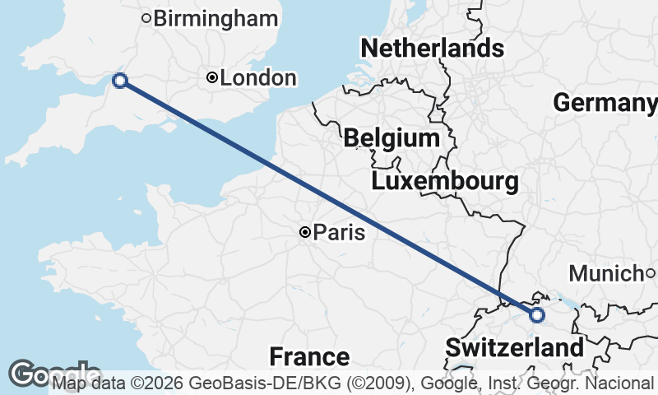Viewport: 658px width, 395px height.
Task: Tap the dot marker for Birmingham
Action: point(146,18)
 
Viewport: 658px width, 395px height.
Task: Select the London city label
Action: point(258,78)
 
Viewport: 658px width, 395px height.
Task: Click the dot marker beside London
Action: point(212,78)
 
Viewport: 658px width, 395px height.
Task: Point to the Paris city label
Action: point(339,233)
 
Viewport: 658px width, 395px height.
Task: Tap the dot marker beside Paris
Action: point(304,233)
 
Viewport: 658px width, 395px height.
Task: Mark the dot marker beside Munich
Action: point(649,273)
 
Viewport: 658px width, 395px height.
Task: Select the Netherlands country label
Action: point(432,48)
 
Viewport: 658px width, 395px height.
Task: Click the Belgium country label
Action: point(392,137)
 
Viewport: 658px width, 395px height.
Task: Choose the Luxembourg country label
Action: point(444,181)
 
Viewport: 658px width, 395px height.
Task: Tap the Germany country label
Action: point(605,103)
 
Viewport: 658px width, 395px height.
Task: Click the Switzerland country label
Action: point(515,347)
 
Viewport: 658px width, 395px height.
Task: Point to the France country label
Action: point(309,357)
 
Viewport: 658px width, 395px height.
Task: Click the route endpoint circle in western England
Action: point(120,80)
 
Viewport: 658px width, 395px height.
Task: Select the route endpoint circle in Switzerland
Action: point(537,315)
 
